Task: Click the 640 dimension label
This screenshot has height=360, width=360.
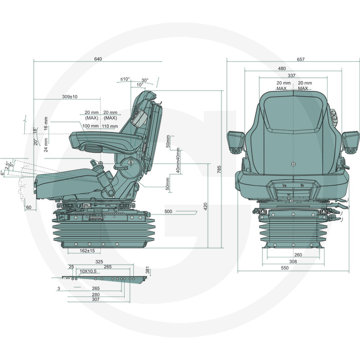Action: [98, 59]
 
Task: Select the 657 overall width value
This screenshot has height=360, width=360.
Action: [301, 59]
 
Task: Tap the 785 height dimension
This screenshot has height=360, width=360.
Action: [219, 169]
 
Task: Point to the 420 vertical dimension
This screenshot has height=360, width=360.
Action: [206, 206]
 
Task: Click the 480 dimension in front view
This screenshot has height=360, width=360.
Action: [282, 68]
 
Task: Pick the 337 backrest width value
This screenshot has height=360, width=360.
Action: [291, 76]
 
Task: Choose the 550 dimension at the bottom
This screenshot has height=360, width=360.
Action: [284, 268]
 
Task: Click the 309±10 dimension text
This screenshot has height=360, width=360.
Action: [70, 97]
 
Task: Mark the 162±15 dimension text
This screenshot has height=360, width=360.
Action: [87, 251]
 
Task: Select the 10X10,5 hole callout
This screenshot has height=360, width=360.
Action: [88, 271]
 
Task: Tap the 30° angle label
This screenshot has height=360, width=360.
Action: [145, 81]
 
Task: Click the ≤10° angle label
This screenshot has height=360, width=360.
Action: [125, 79]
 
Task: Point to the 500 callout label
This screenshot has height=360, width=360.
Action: [168, 211]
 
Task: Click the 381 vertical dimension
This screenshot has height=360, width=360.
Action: [148, 270]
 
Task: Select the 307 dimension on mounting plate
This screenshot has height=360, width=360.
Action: [95, 299]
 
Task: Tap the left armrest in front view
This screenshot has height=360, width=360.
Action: [235, 142]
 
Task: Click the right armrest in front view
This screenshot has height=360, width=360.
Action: [351, 142]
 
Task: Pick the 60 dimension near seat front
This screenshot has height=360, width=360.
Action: [29, 207]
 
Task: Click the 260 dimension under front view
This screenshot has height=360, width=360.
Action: [298, 255]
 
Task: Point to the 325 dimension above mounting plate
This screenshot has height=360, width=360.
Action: [99, 262]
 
